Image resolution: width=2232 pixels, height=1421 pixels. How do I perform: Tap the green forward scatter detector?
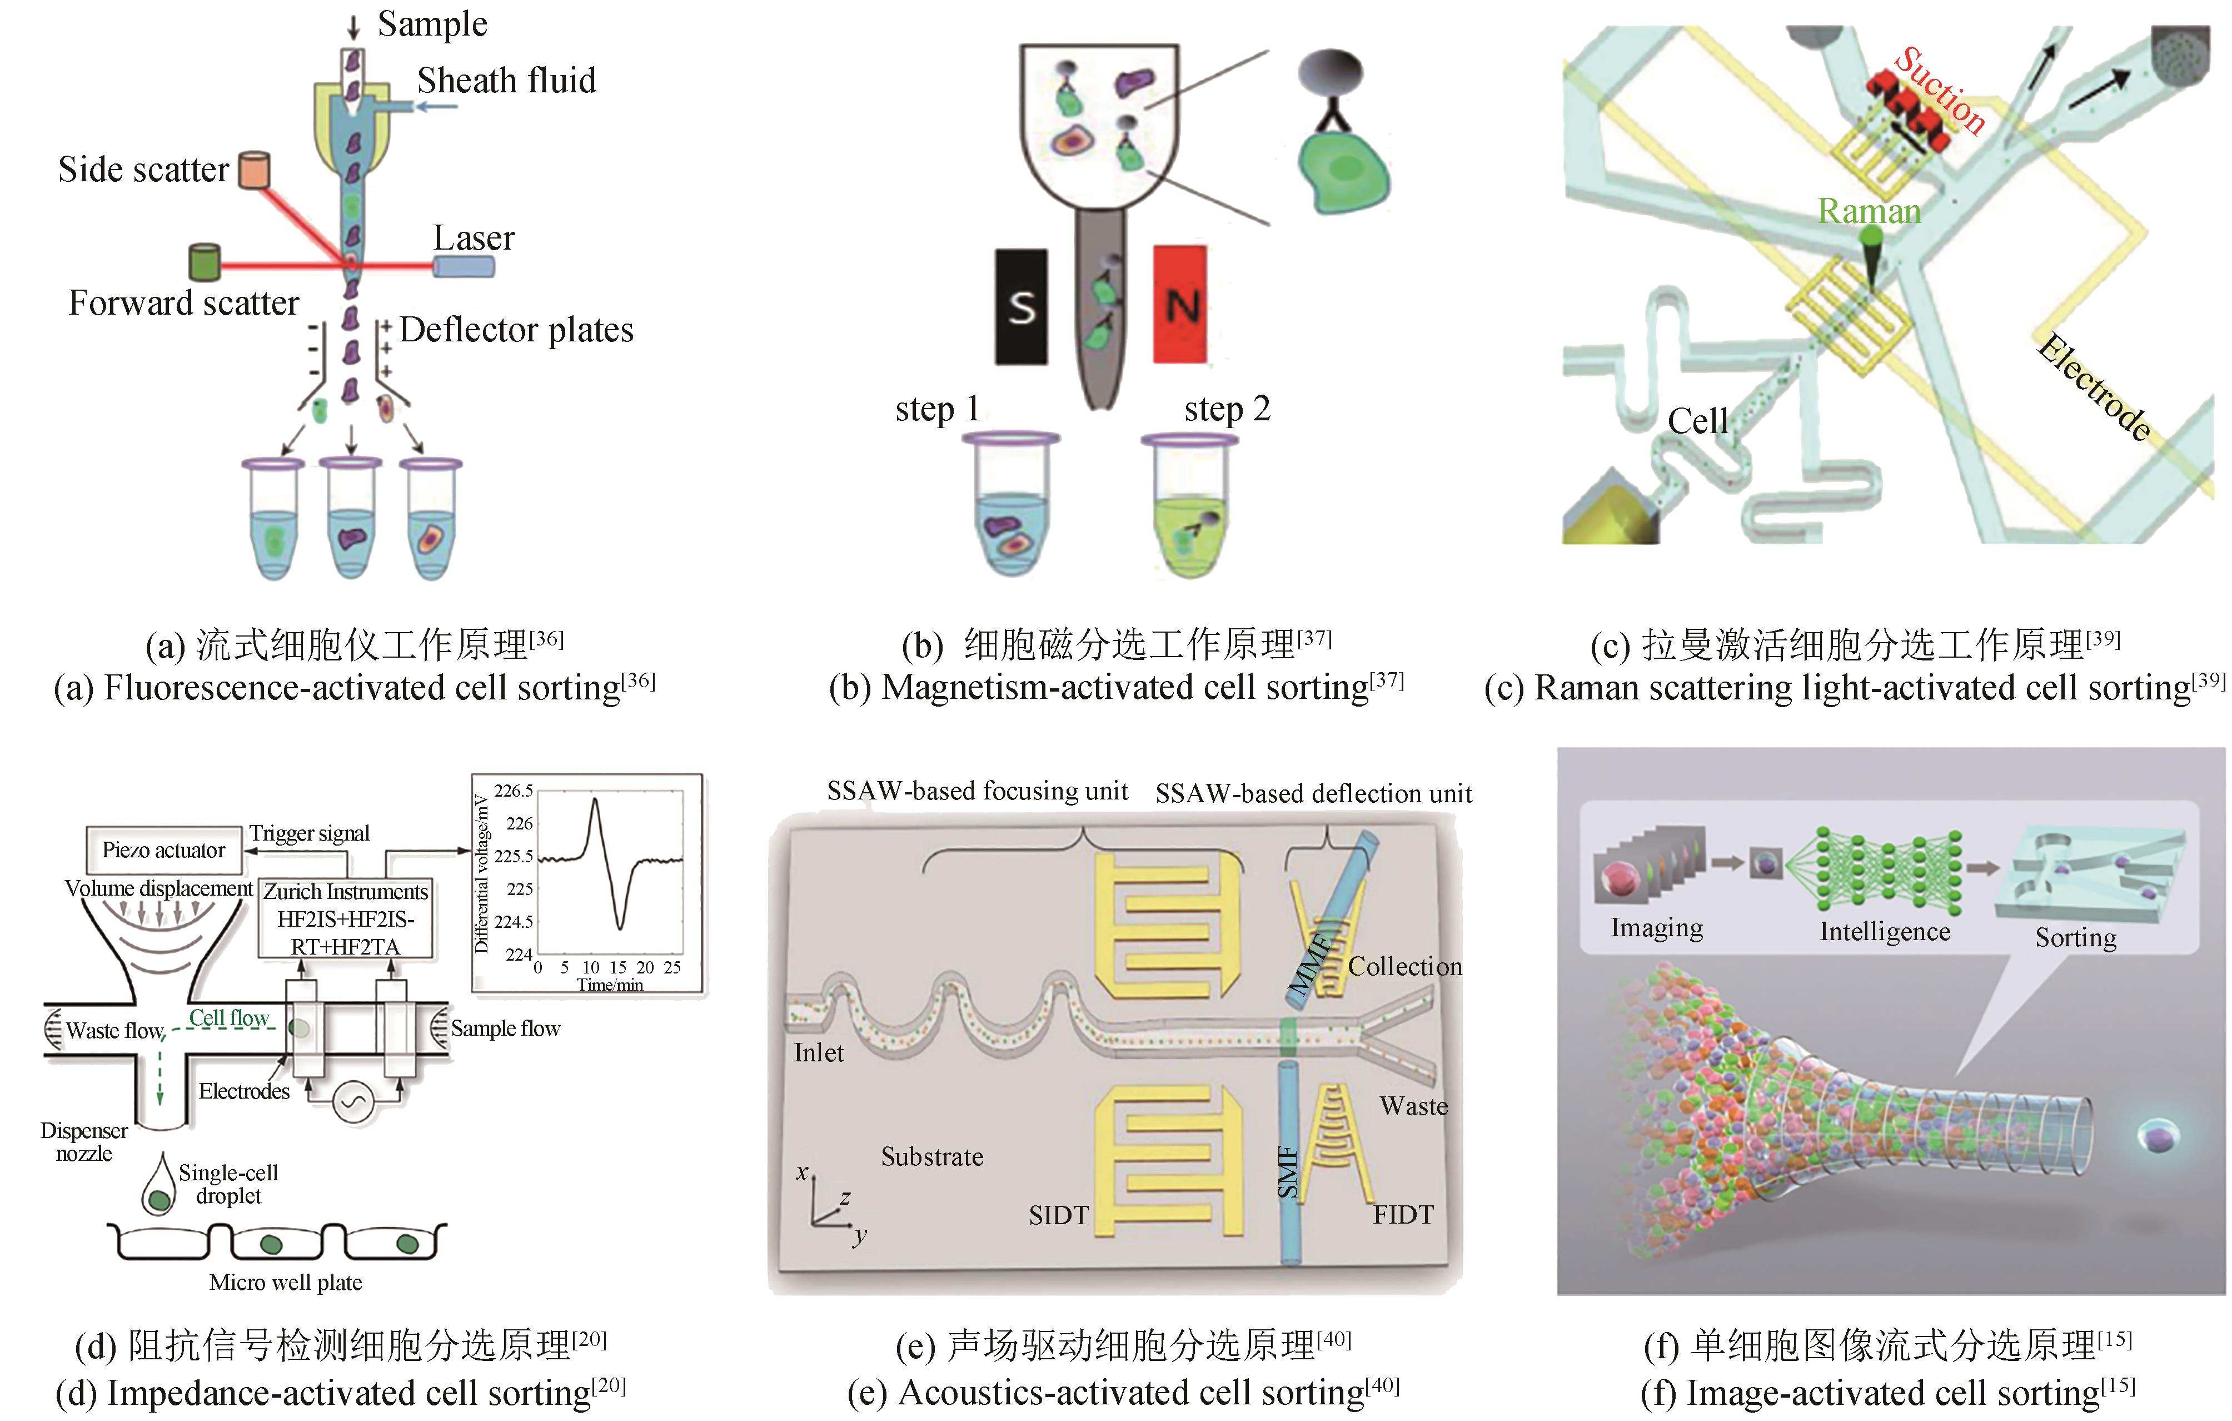click(204, 262)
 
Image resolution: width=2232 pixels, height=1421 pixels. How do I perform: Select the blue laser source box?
click(464, 267)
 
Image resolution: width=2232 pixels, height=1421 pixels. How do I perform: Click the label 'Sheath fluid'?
click(506, 81)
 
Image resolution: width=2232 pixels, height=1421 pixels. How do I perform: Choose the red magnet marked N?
click(1180, 304)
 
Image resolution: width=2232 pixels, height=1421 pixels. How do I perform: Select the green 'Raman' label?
click(1869, 211)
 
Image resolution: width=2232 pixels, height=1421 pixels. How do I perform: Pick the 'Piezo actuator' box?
click(163, 850)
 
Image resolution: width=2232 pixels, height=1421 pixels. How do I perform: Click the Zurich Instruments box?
click(346, 918)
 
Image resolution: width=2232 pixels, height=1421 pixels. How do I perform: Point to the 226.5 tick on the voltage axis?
click(512, 791)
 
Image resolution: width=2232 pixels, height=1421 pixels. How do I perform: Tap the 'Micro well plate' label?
click(286, 1283)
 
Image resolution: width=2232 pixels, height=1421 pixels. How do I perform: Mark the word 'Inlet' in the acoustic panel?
click(819, 1053)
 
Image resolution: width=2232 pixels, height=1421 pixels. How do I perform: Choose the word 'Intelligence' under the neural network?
click(1885, 932)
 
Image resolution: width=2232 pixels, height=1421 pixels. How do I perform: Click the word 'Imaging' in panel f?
click(1656, 928)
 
